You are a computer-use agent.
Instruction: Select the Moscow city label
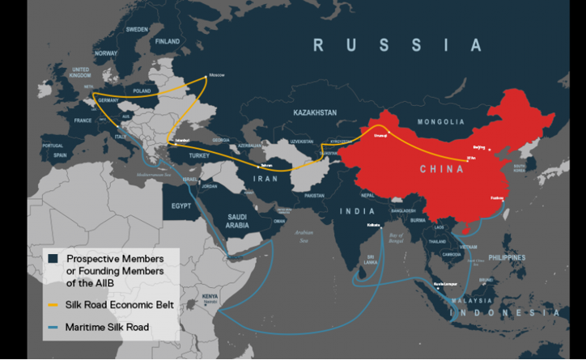coord(216,75)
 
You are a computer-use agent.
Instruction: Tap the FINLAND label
coord(168,40)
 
